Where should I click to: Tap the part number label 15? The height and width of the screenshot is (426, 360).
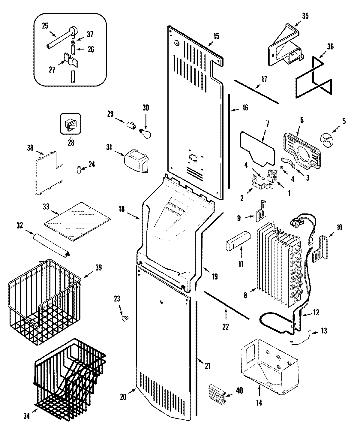point(216,37)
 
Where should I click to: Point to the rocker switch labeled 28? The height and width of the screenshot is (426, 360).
point(70,123)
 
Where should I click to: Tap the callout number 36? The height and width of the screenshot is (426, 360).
point(330,47)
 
